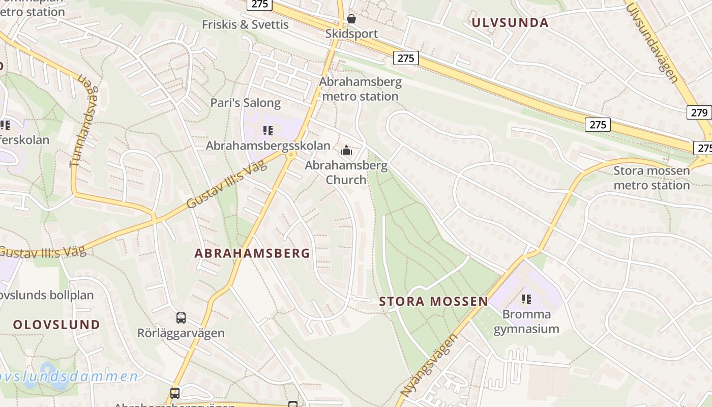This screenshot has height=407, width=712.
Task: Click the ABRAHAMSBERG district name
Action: coord(252,253)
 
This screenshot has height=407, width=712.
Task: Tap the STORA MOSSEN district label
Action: coord(434,301)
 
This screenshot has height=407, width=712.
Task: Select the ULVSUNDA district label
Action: coord(510,22)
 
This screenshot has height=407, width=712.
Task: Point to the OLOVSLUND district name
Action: coord(56,325)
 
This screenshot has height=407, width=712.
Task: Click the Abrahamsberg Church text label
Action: coord(346,172)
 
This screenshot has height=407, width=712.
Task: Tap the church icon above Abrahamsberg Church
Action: coord(346,150)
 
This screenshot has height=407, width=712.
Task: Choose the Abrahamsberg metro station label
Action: coord(360,89)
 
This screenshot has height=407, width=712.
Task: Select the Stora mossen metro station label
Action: coord(651,178)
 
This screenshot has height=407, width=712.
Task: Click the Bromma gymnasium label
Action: coord(526,322)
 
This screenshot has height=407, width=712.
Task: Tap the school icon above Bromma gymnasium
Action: coord(526,299)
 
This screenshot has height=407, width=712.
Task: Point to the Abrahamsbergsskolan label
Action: coord(268,146)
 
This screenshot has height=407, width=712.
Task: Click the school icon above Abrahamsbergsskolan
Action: coord(268,131)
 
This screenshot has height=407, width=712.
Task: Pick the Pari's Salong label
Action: coord(246,103)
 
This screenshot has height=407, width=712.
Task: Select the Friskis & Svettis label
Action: coord(245,24)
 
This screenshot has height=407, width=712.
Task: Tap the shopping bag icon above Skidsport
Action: coord(351,19)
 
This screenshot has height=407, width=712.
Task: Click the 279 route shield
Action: coord(699,112)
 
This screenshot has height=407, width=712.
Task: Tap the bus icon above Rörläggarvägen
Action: coord(181,318)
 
